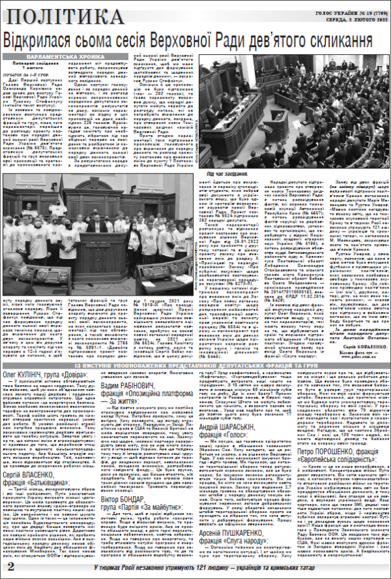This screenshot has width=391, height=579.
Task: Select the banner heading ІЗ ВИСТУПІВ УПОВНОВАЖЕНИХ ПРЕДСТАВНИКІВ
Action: click(195, 366)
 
